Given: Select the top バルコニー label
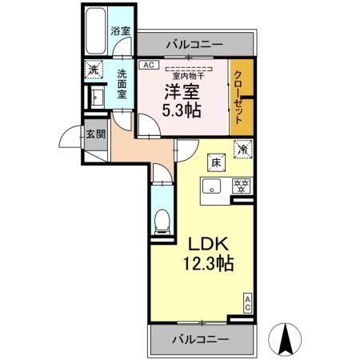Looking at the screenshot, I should click(x=194, y=44).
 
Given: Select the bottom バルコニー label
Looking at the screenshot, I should click(x=201, y=339).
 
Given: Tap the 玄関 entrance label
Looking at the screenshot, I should click(x=96, y=134).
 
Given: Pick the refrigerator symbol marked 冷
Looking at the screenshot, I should click(x=242, y=148).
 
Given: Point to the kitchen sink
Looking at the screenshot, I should click(x=211, y=188).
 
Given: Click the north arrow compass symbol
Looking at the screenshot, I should click(x=285, y=339).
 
